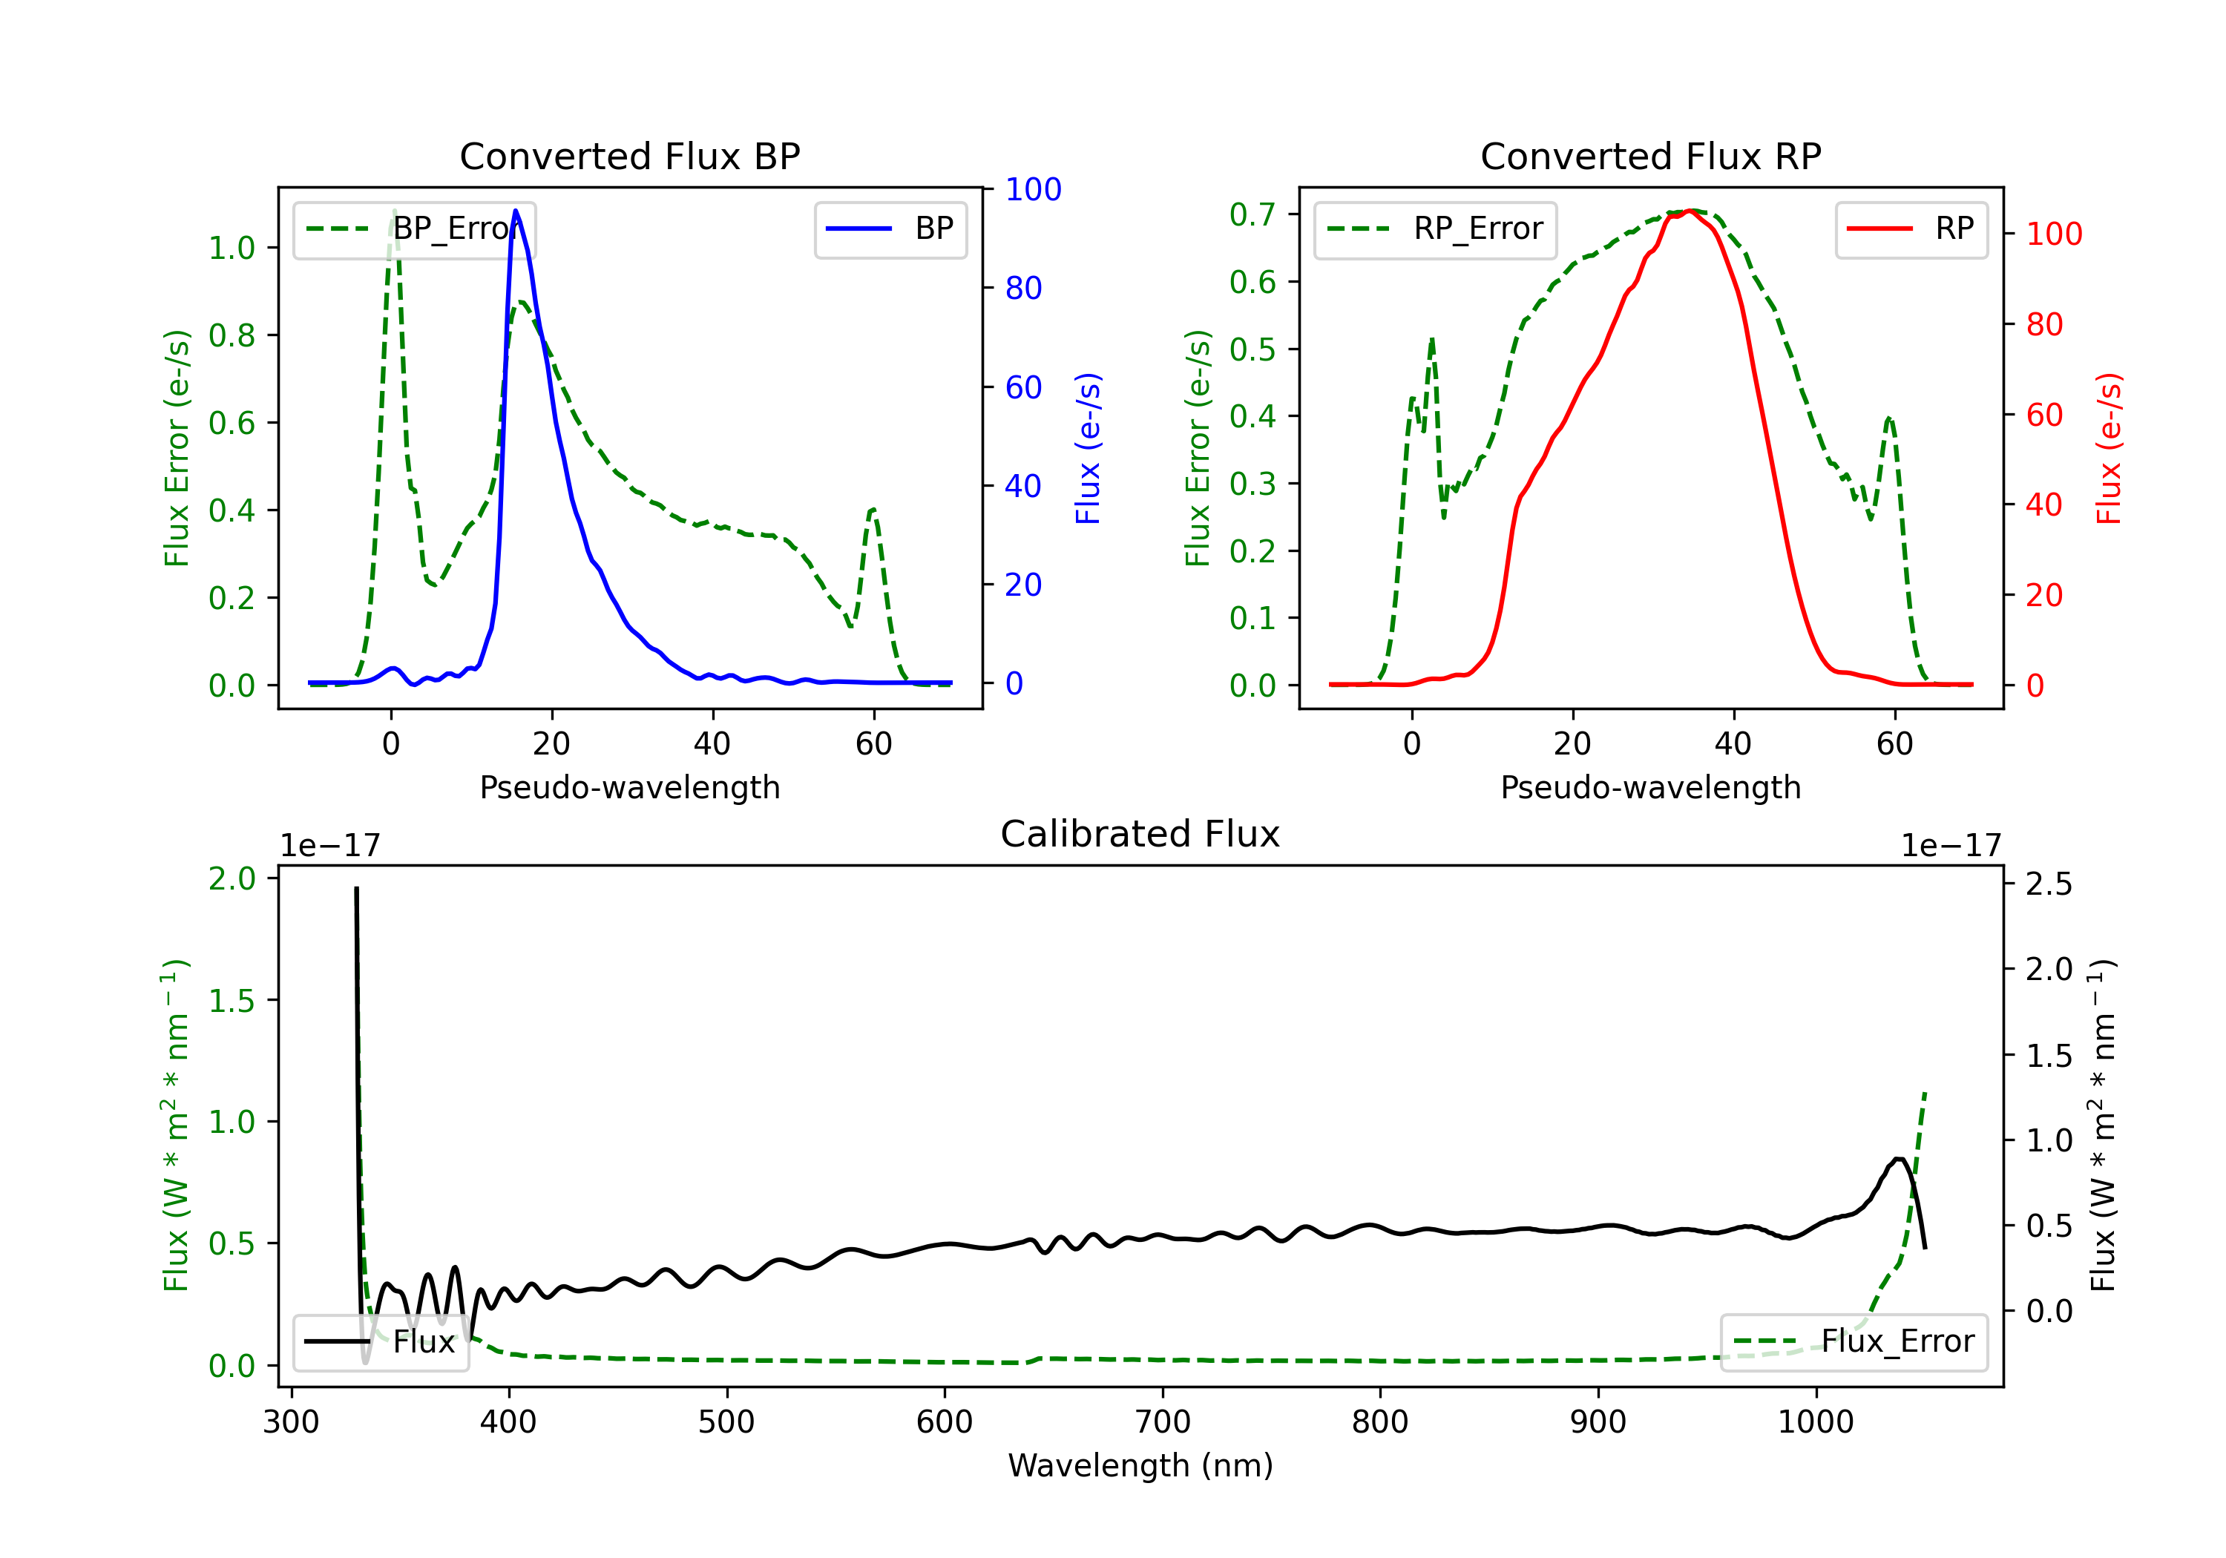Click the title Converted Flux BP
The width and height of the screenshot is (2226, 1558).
(x=629, y=156)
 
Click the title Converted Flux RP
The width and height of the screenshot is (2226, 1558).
(x=1650, y=156)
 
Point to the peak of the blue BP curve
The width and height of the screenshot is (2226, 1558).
(x=516, y=211)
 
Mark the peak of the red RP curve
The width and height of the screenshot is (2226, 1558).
(x=1690, y=211)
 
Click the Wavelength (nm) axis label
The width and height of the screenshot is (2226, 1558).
(x=1140, y=1465)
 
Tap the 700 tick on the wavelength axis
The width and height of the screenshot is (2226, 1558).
(x=1163, y=1422)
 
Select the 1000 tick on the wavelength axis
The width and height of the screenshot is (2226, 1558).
(x=1815, y=1422)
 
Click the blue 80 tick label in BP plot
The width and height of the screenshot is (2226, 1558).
(x=1022, y=288)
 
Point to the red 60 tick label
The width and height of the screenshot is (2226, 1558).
(x=2043, y=415)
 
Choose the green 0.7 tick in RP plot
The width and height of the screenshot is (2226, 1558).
(x=1252, y=214)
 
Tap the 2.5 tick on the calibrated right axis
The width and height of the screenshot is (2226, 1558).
(x=2049, y=884)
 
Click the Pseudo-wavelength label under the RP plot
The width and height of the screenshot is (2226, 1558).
(x=1650, y=787)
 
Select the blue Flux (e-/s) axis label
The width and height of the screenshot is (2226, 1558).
(x=1088, y=448)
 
